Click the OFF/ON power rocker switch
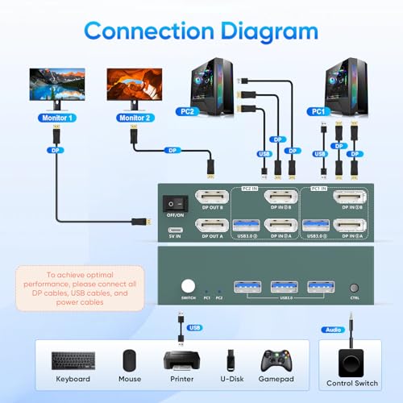click(x=172, y=203)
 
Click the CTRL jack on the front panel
click(x=353, y=288)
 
